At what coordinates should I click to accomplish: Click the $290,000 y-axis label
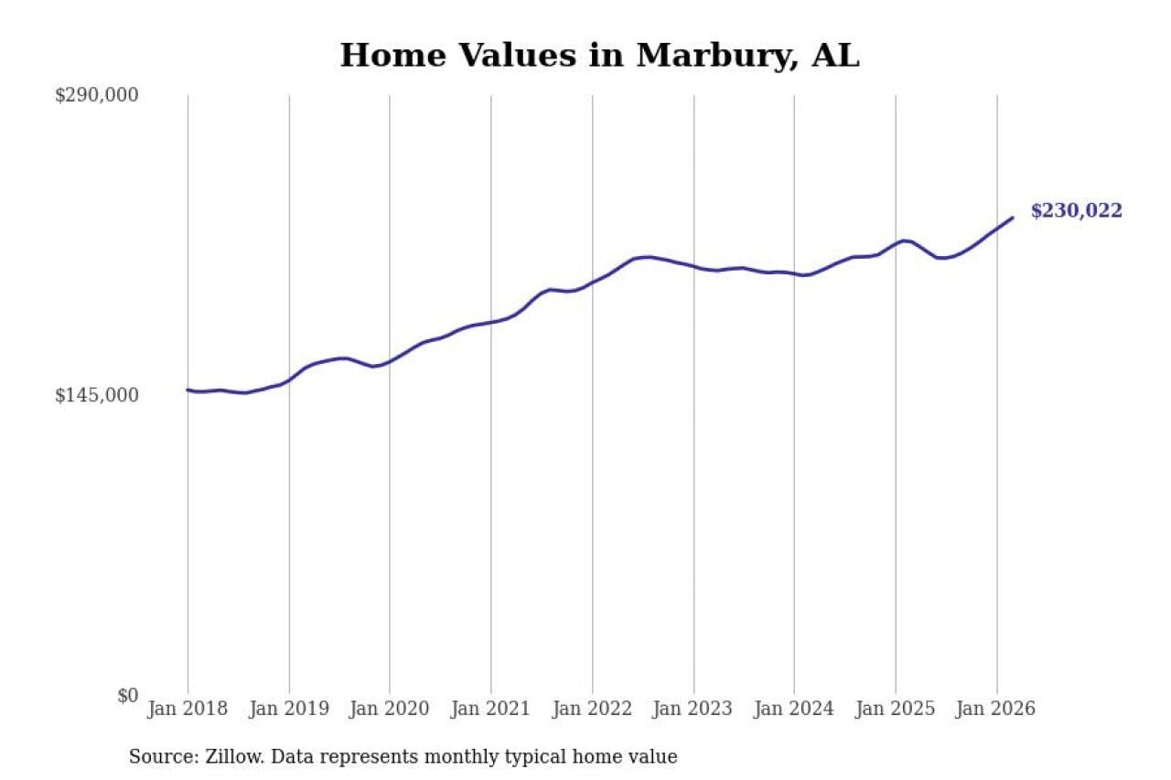pos(96,95)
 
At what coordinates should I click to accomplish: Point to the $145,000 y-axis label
pos(96,395)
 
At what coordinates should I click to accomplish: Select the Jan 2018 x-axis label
pos(188,710)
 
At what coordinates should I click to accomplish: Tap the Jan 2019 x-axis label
pos(289,710)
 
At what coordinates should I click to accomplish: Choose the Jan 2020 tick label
pos(390,710)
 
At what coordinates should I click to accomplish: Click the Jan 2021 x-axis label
pos(491,710)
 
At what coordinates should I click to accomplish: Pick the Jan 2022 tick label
pos(592,710)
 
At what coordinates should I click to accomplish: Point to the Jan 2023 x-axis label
pos(693,710)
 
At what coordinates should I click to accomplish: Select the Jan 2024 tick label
pos(794,710)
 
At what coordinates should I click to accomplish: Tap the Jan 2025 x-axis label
pos(896,710)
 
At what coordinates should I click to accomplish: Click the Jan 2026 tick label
pos(996,710)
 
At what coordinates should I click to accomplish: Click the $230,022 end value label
pos(1076,211)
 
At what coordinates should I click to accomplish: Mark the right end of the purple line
pos(1013,218)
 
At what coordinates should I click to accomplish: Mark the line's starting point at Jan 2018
pos(188,390)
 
